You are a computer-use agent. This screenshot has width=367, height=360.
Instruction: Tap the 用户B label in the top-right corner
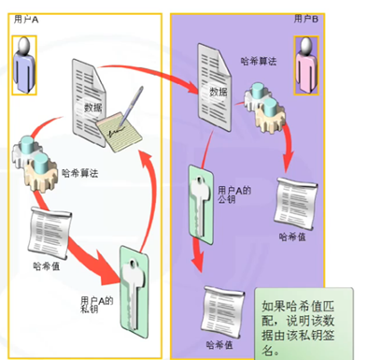[305, 17]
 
